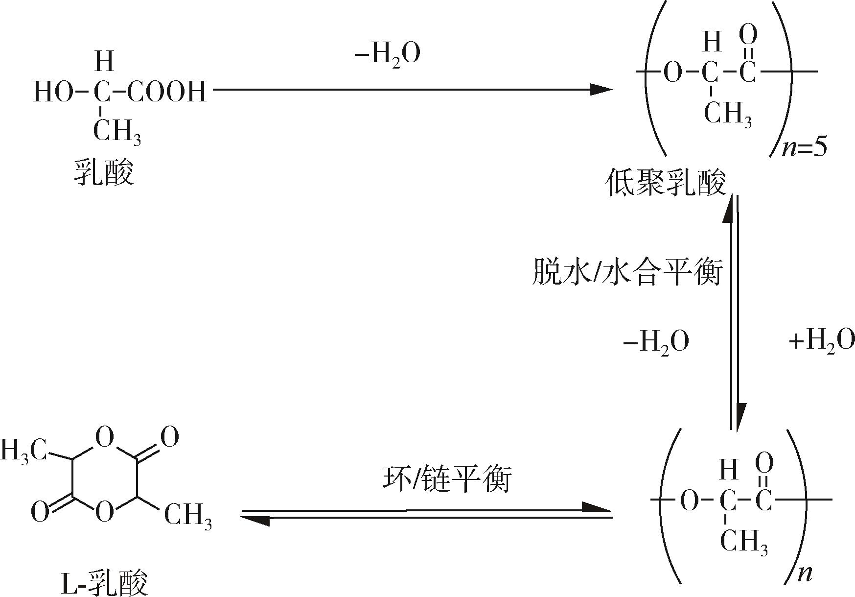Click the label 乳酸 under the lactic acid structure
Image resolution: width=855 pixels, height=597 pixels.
(104, 171)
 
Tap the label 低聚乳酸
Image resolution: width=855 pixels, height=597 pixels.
(666, 183)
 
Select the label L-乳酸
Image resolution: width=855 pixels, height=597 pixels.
(105, 581)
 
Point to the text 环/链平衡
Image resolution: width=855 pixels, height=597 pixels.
(447, 479)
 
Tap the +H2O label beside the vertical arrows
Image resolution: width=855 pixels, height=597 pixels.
(822, 341)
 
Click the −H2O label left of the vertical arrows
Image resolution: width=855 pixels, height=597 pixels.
(656, 342)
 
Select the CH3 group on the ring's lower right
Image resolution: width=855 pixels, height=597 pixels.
(188, 516)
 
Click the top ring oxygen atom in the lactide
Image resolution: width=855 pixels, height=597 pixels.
(105, 437)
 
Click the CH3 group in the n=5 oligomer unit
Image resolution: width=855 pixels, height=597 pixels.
(728, 115)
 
